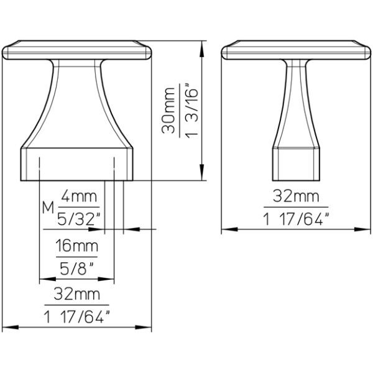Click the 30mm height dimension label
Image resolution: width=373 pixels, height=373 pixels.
(x=168, y=111)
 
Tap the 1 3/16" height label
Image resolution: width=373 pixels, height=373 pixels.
(x=191, y=111)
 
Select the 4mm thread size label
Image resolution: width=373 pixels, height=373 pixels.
(x=79, y=196)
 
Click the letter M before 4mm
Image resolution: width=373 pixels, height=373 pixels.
(x=48, y=208)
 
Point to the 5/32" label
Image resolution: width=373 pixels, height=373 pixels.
(x=79, y=219)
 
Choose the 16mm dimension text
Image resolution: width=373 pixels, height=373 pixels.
(x=77, y=246)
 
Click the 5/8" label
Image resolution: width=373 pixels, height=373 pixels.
(x=76, y=269)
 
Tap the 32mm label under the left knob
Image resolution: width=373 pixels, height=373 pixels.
(x=76, y=294)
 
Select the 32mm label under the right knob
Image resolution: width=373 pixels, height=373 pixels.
(x=296, y=196)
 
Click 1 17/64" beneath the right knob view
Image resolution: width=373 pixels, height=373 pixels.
(x=296, y=219)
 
